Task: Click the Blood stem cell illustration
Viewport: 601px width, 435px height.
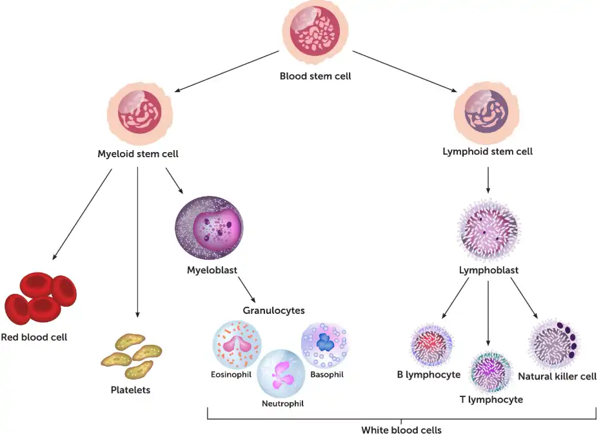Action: tap(315, 32)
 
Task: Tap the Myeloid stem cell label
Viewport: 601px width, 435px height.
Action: tap(138, 154)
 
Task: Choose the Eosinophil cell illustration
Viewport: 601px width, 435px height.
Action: tap(237, 345)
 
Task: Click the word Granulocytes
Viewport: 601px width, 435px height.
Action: tap(273, 311)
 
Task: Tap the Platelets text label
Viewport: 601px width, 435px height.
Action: tap(130, 390)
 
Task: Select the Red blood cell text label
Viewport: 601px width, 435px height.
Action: tap(34, 336)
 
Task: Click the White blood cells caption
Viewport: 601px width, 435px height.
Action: tap(401, 429)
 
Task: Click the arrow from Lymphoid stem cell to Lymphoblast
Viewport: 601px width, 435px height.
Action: tap(488, 180)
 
